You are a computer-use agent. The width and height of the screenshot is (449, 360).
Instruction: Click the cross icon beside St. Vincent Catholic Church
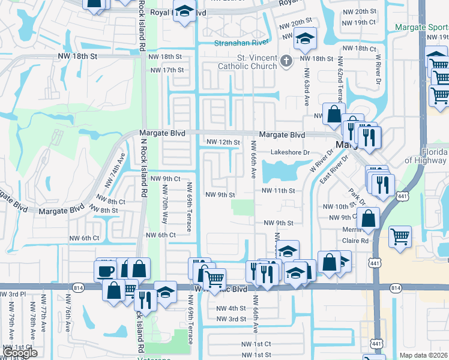coord(286,60)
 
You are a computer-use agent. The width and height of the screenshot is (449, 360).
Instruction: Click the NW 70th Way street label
coord(164,204)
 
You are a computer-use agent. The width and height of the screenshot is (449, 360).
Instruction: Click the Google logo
coord(20,353)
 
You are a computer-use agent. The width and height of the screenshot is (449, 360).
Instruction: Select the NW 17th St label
coord(167,70)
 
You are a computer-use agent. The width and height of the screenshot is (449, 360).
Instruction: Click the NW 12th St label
coord(223,142)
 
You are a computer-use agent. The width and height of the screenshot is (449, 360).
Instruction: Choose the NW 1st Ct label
coord(256,344)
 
